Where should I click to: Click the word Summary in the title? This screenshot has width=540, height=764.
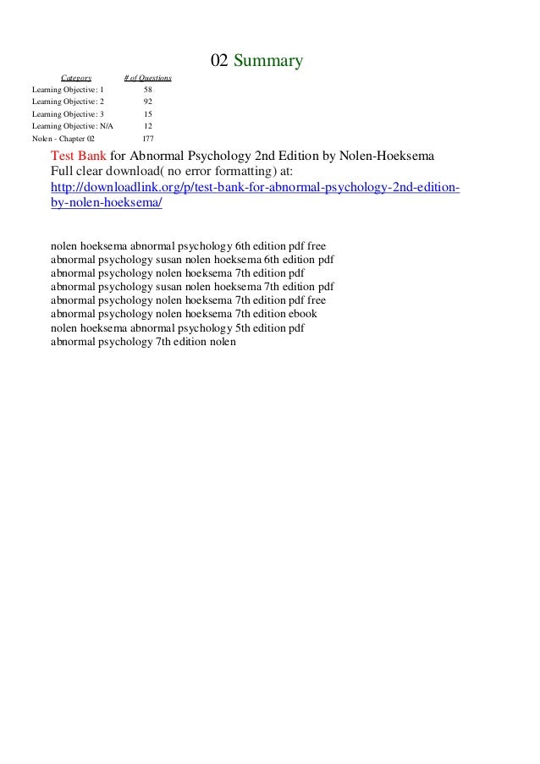(267, 61)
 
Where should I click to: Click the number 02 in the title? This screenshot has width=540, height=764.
(219, 61)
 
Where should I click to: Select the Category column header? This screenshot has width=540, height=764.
(76, 78)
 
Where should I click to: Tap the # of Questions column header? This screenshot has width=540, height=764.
(147, 78)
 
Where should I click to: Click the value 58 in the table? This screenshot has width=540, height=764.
(148, 89)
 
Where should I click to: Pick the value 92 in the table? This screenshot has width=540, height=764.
(148, 101)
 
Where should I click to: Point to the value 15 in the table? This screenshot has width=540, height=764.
(148, 113)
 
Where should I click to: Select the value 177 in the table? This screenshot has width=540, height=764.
(148, 137)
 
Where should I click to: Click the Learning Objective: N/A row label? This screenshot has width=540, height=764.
(71, 125)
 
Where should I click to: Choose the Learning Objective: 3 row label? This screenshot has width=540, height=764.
(68, 113)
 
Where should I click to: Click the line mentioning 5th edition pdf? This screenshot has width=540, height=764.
(178, 327)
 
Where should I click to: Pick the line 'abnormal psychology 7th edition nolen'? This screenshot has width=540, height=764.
(143, 342)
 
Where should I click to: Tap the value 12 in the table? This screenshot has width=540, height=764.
(148, 125)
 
